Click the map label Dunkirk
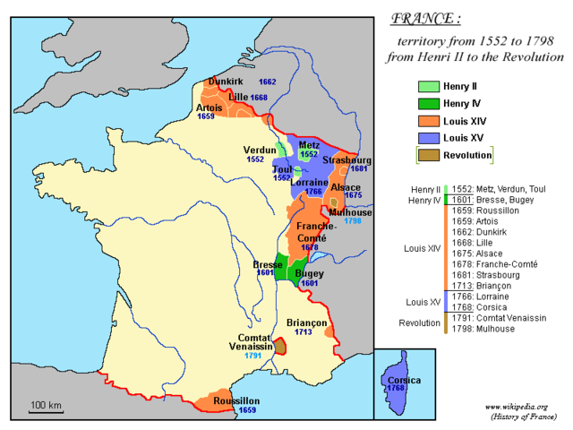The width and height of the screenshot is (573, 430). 226,82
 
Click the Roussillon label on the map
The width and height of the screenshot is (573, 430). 235,400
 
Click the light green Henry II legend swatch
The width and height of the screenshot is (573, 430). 428,87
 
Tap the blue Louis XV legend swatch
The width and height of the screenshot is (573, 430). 428,138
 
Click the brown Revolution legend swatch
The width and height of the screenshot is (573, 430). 428,155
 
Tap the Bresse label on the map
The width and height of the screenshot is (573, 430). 268,265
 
